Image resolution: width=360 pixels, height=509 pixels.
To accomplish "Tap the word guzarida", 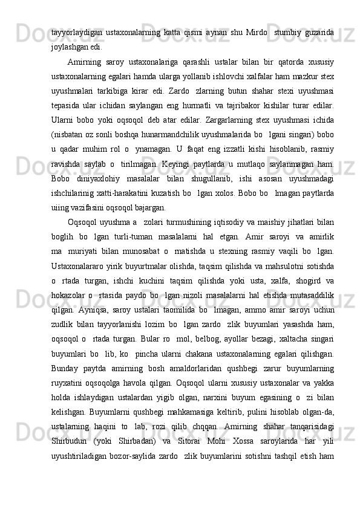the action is coord(320,31).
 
